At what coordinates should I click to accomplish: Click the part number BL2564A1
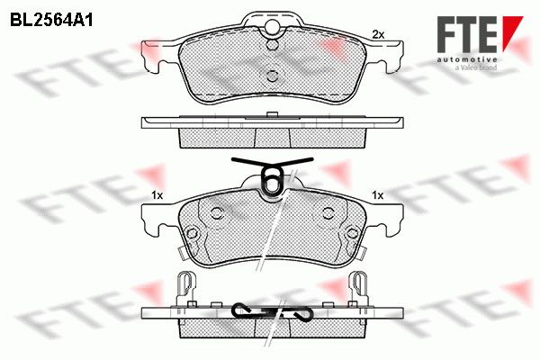click(51, 20)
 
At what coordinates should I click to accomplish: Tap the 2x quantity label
click(378, 34)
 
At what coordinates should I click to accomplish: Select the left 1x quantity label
click(157, 195)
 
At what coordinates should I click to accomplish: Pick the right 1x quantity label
click(378, 195)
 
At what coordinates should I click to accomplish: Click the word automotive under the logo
click(467, 59)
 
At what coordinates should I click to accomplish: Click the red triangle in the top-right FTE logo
click(512, 30)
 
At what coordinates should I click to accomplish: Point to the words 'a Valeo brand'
click(476, 67)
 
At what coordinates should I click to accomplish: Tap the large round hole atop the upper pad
click(273, 26)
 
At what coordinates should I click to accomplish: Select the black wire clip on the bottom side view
click(273, 311)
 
